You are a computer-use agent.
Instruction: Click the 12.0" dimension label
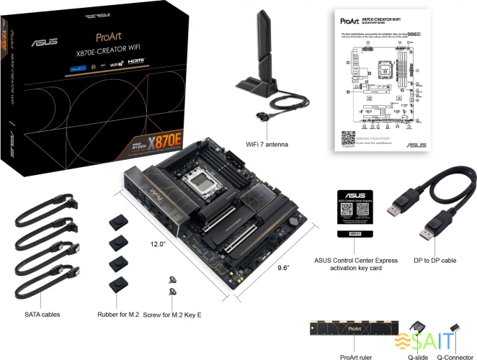click(157, 244)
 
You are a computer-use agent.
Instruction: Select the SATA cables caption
click(42, 315)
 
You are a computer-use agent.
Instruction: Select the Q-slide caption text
click(418, 356)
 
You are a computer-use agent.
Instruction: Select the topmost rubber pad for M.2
click(117, 219)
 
